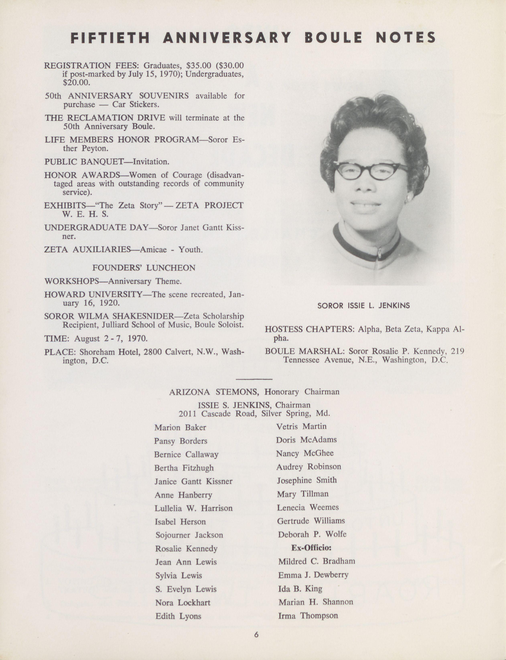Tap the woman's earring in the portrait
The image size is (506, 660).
pos(409,199)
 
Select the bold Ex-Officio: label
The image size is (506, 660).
pos(311,548)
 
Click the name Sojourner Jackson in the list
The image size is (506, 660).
pos(189,535)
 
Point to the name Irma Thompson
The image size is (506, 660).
pos(308,616)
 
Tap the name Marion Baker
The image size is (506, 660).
pos(180,428)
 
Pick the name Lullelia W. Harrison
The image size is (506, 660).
pos(193,508)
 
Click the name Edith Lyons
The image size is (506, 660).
pos(178,616)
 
